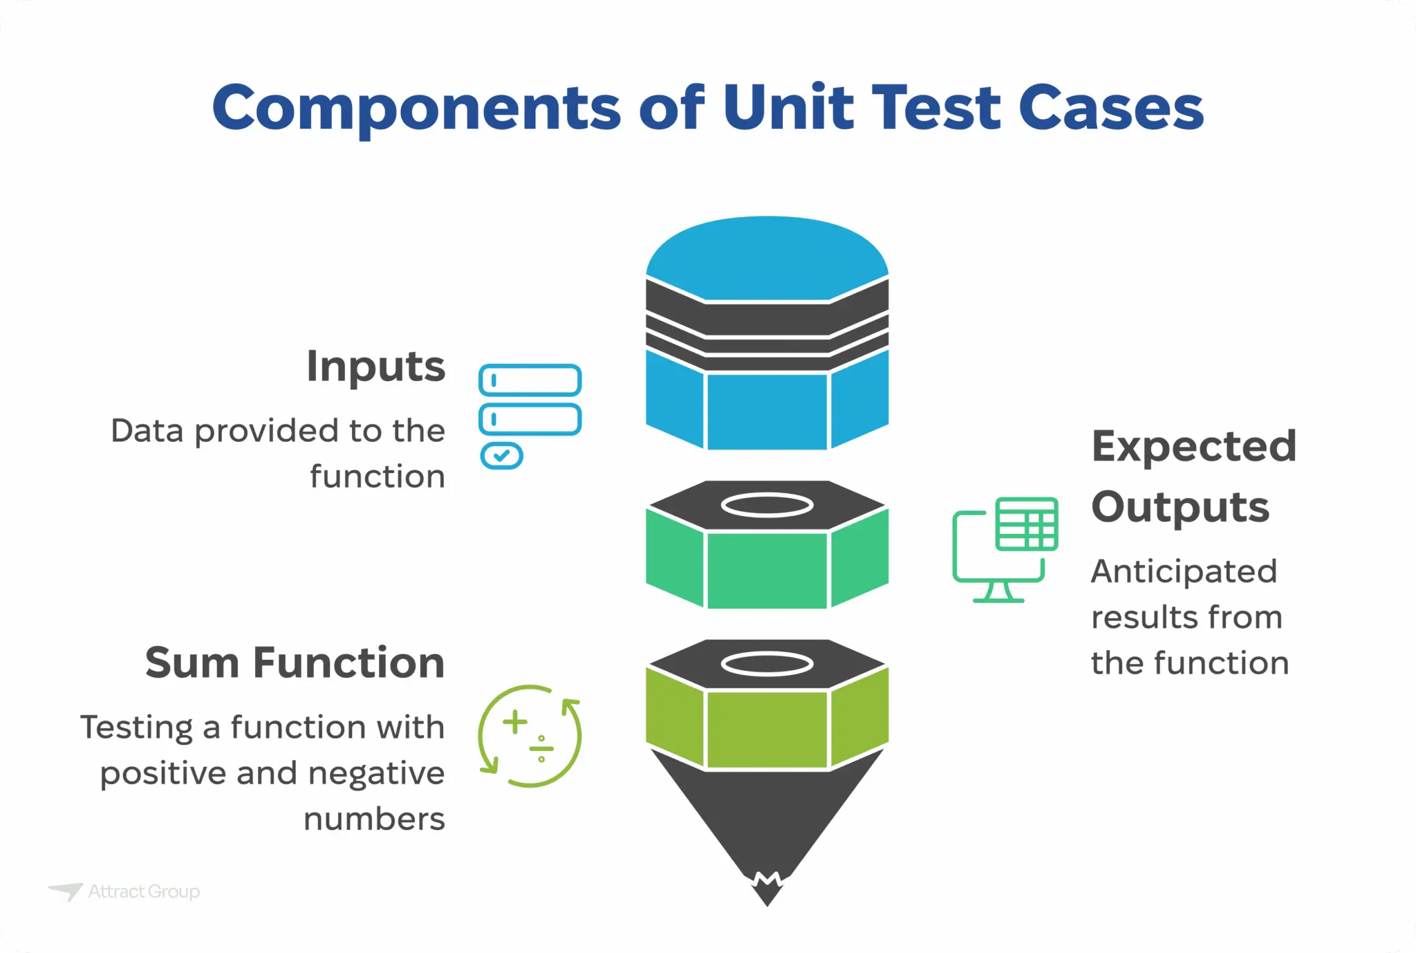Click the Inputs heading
(x=375, y=367)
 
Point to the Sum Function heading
(x=295, y=663)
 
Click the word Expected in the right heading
(x=1193, y=447)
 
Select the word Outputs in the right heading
(x=1180, y=507)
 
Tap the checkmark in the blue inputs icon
(x=502, y=456)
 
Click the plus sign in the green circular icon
(x=515, y=722)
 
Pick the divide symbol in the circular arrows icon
(x=541, y=748)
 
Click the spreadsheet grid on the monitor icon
(x=1027, y=524)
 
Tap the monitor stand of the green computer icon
(x=998, y=593)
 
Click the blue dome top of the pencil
(x=767, y=259)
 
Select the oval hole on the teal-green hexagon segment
(x=767, y=506)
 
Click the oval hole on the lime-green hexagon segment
(x=767, y=664)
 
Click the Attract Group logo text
(x=144, y=891)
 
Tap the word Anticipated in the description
(x=1184, y=572)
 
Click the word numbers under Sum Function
(x=374, y=820)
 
